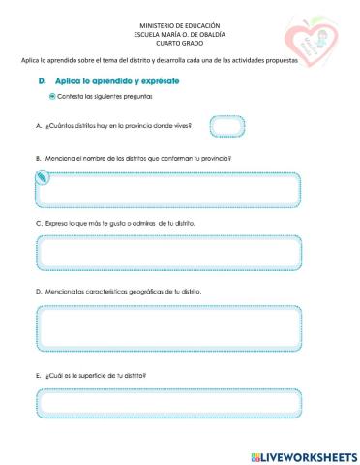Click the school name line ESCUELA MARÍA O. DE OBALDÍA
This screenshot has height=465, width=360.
click(180, 33)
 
